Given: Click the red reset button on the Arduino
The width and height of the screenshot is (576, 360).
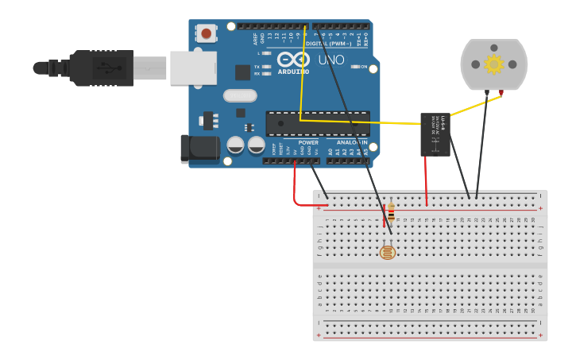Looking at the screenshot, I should (x=207, y=33).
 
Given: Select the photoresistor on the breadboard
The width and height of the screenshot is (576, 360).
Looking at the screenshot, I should (x=387, y=253).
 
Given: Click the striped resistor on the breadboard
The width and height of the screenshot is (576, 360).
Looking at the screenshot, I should (x=391, y=211).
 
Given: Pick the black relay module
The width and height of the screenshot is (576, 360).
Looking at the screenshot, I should (x=435, y=134).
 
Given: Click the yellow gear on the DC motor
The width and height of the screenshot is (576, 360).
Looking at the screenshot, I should (x=493, y=64).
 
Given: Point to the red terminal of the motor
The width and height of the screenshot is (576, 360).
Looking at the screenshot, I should (x=501, y=93).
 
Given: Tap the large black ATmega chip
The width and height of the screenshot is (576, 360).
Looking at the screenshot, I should (x=317, y=123).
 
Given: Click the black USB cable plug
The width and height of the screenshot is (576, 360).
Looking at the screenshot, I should (x=99, y=68).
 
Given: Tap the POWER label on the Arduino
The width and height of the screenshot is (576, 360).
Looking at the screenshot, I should (x=308, y=142).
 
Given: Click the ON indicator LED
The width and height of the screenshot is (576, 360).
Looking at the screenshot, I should (x=354, y=67).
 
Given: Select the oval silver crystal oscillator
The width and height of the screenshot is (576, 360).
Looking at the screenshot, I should (x=240, y=95).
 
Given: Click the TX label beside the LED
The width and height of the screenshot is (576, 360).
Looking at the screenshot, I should (x=257, y=67).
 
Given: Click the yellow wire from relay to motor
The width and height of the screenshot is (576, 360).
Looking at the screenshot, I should (x=473, y=104).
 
